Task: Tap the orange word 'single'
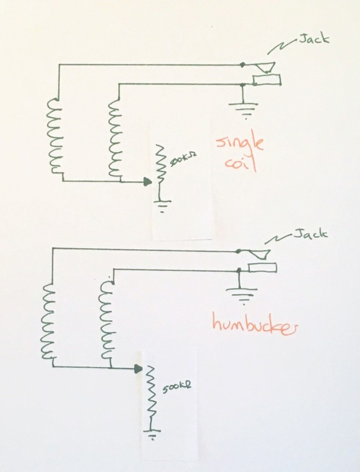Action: tap(241, 144)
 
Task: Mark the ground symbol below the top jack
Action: tap(243, 109)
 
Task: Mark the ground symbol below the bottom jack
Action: tap(239, 293)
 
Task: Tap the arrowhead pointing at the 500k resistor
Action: tap(138, 368)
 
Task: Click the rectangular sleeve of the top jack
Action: tap(267, 80)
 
